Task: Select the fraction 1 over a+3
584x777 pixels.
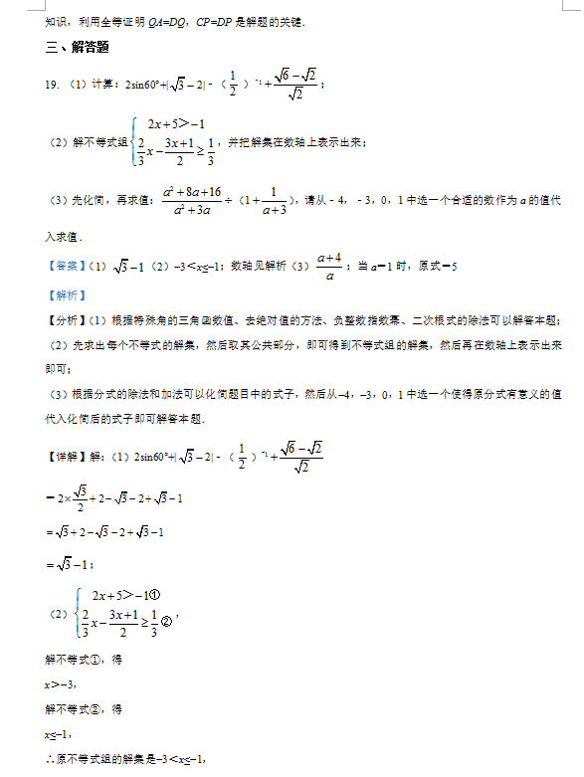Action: pos(271,200)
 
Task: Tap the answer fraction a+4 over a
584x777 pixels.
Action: pos(329,267)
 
